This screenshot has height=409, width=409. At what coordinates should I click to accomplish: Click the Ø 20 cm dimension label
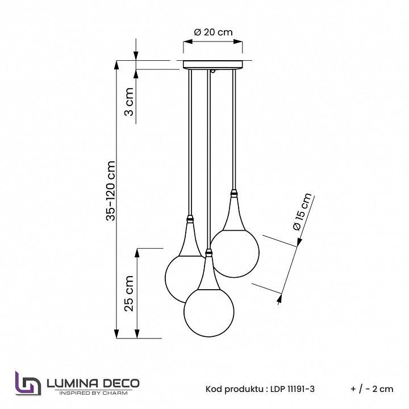(x=213, y=32)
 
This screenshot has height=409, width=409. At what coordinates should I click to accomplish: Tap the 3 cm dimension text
(x=129, y=102)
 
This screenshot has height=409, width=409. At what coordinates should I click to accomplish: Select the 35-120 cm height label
(x=111, y=191)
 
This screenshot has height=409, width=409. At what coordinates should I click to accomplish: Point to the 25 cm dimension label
(x=129, y=294)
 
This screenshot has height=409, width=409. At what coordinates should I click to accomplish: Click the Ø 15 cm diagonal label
(x=303, y=212)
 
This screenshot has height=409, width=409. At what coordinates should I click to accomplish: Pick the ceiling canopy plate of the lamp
(x=213, y=65)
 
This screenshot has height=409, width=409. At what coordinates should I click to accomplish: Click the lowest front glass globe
(x=209, y=312)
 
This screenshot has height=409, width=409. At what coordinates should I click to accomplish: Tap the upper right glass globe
(x=235, y=253)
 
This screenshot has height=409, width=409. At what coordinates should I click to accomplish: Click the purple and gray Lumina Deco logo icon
(x=28, y=383)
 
